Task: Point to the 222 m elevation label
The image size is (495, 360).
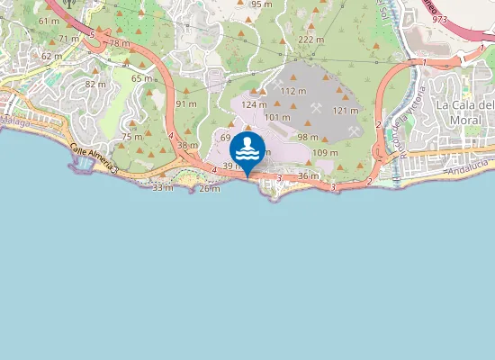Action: [310, 40]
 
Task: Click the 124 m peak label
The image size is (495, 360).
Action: [254, 105]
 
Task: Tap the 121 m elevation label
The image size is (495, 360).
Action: [346, 111]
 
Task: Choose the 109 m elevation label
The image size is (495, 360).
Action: [325, 153]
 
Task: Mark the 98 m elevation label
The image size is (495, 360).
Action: [309, 138]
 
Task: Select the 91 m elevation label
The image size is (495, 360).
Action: [186, 104]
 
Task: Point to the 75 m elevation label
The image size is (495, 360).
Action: [132, 137]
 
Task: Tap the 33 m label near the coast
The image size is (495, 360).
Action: [163, 187]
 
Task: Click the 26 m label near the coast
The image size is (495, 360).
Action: [209, 188]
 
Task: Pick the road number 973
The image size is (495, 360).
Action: [439, 19]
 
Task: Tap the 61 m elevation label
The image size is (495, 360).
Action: [49, 21]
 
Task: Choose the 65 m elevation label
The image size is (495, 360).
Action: [142, 79]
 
